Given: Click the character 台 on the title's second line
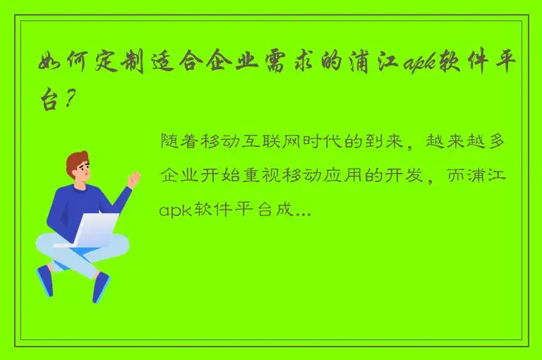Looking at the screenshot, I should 49,102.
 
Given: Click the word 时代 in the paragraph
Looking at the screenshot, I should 327,141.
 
